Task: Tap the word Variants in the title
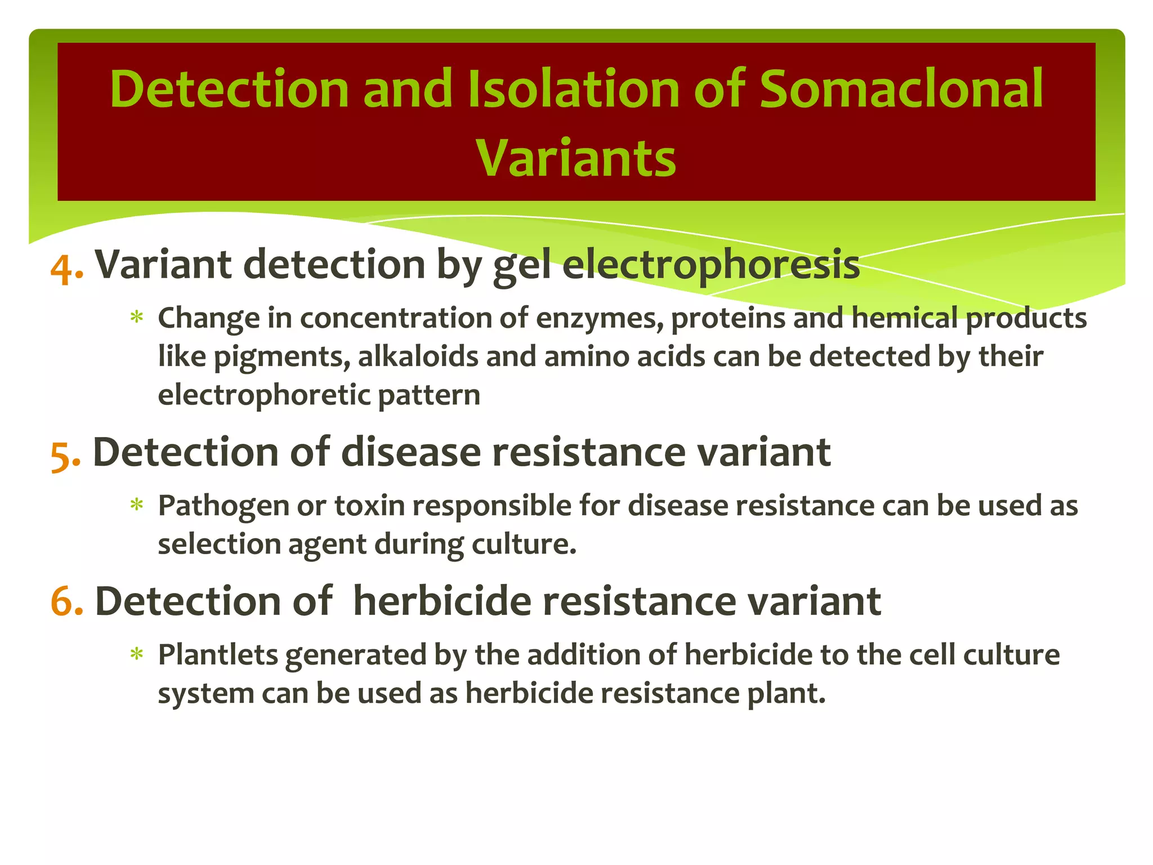(576, 158)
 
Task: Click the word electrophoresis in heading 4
(710, 265)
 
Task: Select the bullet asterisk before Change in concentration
(136, 318)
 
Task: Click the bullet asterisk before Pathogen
(136, 505)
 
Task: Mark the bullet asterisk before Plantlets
(136, 655)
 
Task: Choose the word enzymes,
(599, 319)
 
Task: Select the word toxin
(369, 505)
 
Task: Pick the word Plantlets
(217, 655)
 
